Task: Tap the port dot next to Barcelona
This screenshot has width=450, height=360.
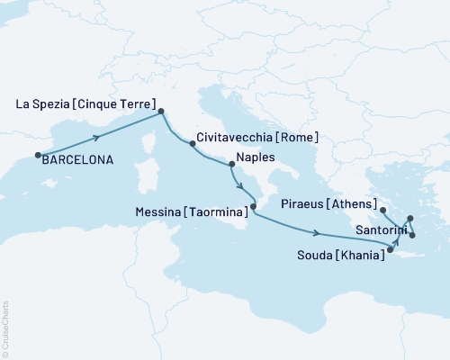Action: [38, 156]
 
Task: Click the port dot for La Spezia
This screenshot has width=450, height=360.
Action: [161, 112]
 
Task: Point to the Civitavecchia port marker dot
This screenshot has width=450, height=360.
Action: [191, 143]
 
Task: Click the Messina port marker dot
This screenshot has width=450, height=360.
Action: [253, 207]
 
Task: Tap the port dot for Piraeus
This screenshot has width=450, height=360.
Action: [383, 210]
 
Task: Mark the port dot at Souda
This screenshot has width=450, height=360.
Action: [390, 249]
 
